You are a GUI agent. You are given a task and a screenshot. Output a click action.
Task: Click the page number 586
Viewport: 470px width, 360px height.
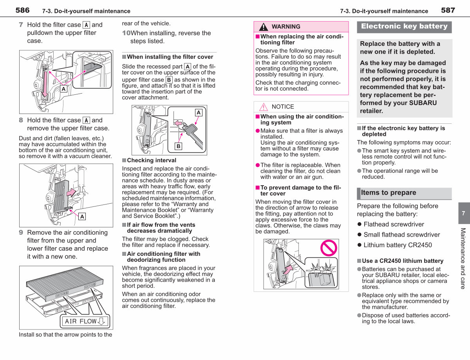tap(22, 10)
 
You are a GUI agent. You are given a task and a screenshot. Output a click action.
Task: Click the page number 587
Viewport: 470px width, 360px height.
tap(448, 10)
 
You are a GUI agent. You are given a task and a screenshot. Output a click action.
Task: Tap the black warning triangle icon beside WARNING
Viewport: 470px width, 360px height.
tap(264, 27)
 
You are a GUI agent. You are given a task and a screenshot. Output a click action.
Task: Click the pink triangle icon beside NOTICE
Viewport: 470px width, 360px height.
tap(264, 107)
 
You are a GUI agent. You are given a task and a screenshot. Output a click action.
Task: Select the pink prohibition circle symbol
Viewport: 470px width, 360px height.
tap(329, 248)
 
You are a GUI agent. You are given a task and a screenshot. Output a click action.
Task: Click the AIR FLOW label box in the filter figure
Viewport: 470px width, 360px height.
tap(85, 321)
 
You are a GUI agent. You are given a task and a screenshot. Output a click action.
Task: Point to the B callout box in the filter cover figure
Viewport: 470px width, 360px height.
tap(178, 147)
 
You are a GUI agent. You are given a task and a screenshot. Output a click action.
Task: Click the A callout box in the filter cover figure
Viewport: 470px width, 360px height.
tap(199, 113)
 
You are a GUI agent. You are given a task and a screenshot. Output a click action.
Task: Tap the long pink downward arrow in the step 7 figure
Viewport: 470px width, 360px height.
tap(45, 84)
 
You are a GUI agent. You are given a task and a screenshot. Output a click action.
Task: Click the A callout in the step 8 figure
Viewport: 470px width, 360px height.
tap(82, 217)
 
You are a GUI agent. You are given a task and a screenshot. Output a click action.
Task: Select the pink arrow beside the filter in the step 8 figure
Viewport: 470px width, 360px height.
tap(71, 192)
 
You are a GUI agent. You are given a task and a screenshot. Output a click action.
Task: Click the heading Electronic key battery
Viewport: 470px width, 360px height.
tap(404, 26)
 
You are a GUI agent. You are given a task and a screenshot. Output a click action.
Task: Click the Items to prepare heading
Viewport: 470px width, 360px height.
tap(389, 192)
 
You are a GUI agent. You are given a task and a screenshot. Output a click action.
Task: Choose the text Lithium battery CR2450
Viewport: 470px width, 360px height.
tap(398, 245)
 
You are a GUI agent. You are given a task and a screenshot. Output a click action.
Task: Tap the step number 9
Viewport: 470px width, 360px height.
tap(21, 232)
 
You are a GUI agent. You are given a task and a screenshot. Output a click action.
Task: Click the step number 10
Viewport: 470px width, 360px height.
tap(127, 33)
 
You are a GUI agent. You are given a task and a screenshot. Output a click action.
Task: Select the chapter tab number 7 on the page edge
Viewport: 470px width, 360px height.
tap(463, 213)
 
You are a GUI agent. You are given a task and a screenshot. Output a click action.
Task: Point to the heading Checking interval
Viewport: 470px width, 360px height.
tap(152, 160)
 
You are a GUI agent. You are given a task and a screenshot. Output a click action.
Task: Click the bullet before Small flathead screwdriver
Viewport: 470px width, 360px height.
tap(360, 235)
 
